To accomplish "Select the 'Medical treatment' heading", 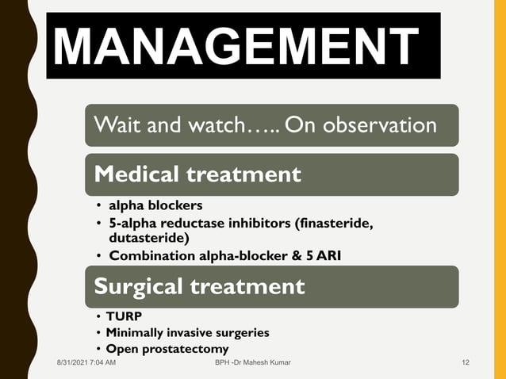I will [197, 174].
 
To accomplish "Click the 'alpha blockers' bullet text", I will [150, 206].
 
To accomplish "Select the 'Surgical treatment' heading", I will [199, 285].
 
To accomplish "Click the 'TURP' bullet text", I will [125, 317].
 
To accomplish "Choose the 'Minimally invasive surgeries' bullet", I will [188, 333].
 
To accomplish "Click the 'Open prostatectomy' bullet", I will [167, 349].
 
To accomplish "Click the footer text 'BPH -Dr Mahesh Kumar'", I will [252, 363].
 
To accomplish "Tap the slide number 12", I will [466, 363].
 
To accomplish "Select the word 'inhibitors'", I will [255, 224].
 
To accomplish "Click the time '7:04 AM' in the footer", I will [104, 363].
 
